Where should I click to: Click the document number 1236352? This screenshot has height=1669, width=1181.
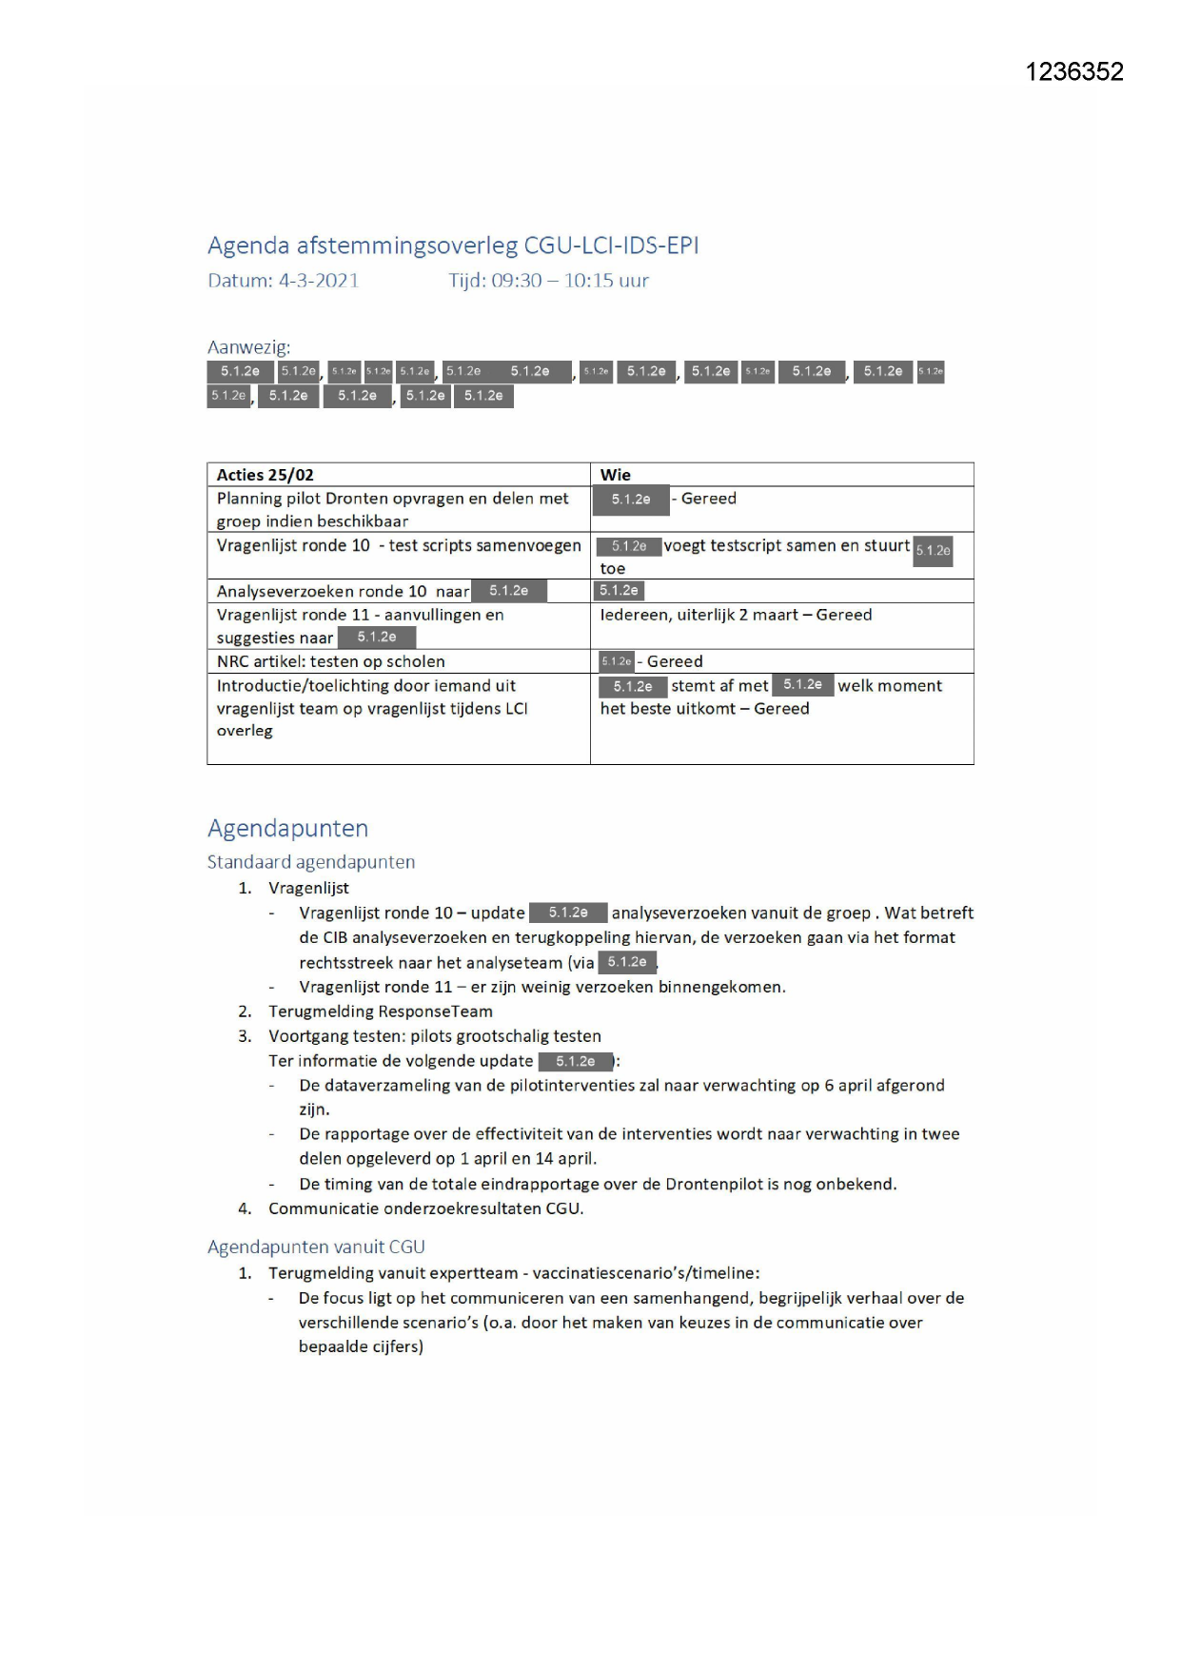pyautogui.click(x=1073, y=72)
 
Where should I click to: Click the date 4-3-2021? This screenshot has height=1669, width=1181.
pyautogui.click(x=318, y=281)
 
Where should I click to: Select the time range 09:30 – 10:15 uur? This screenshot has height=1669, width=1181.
pyautogui.click(x=569, y=281)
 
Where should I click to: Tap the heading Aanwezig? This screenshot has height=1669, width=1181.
pyautogui.click(x=248, y=347)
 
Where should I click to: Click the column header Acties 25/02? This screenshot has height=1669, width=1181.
pyautogui.click(x=265, y=475)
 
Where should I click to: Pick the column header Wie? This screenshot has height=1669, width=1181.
pyautogui.click(x=615, y=475)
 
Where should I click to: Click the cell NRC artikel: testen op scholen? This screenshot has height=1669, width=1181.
pyautogui.click(x=330, y=661)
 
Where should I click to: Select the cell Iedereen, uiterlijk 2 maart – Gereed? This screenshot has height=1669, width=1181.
pyautogui.click(x=735, y=615)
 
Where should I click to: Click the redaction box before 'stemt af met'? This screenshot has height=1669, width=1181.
pyautogui.click(x=632, y=686)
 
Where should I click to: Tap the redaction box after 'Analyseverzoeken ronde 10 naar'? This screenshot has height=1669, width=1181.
pyautogui.click(x=509, y=591)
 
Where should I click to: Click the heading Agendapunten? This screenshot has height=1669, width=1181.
pyautogui.click(x=287, y=828)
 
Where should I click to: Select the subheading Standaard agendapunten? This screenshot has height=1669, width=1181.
pyautogui.click(x=311, y=862)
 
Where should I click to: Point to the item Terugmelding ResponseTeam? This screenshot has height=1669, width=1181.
pyautogui.click(x=380, y=1011)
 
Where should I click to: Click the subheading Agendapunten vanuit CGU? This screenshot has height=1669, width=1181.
pyautogui.click(x=316, y=1247)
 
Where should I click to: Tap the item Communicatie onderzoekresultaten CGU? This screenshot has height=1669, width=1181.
pyautogui.click(x=425, y=1208)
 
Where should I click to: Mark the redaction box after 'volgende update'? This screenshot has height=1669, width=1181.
pyautogui.click(x=575, y=1061)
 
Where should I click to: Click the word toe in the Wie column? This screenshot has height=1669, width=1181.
pyautogui.click(x=612, y=569)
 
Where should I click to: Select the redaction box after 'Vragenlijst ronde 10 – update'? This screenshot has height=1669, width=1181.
pyautogui.click(x=567, y=913)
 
